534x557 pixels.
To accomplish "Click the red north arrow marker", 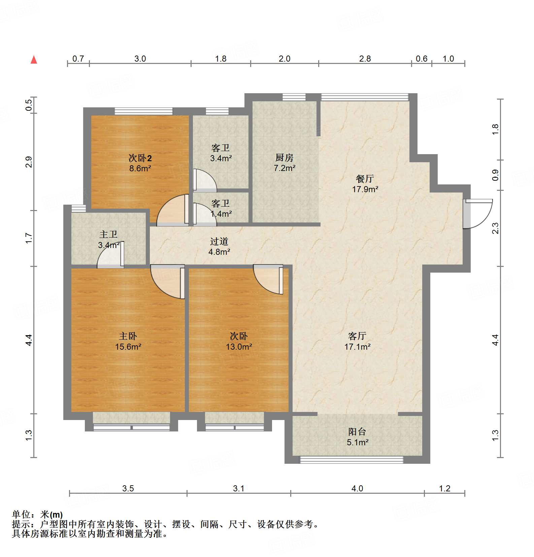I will [x=34, y=60].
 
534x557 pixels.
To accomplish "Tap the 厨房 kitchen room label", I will [x=285, y=158].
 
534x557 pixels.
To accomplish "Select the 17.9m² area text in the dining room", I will [x=365, y=189].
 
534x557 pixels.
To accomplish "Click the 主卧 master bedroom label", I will [x=128, y=336].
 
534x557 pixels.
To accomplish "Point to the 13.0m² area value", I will [x=239, y=347].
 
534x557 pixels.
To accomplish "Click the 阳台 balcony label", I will [x=357, y=432].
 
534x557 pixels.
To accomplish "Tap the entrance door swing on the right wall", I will [x=477, y=214].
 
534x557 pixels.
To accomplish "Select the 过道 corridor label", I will [x=219, y=241].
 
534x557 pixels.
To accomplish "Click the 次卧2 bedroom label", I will [x=140, y=158].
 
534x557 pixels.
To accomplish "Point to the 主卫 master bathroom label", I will [x=108, y=234].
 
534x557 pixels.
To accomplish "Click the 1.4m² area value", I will [x=221, y=214].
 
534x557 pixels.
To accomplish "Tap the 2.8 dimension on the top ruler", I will [x=365, y=59].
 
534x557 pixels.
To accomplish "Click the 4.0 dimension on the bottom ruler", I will [x=357, y=488].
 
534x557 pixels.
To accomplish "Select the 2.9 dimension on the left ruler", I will [x=29, y=162].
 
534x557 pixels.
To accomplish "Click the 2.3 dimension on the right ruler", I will [x=495, y=229].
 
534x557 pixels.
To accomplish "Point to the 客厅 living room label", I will [x=357, y=336].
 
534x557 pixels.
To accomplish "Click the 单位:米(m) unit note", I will [x=37, y=515].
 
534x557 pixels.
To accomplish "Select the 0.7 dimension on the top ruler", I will [x=78, y=59].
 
